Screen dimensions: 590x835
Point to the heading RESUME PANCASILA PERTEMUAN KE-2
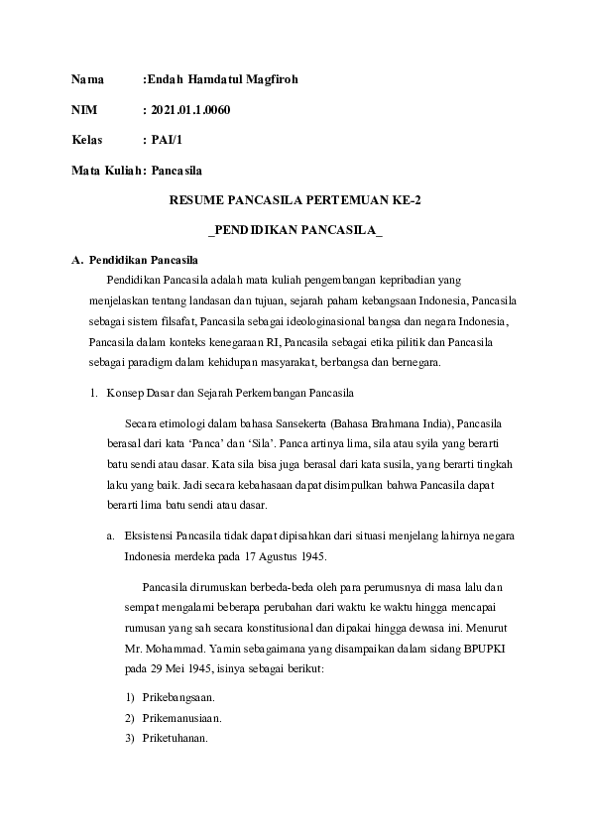click(295, 200)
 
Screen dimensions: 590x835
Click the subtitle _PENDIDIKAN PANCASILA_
click(295, 230)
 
